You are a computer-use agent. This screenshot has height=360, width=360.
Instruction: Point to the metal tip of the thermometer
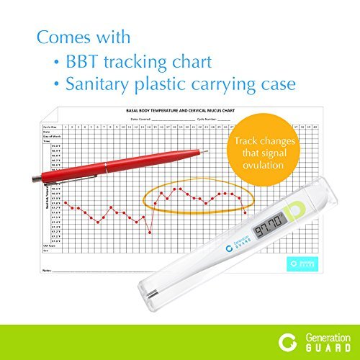151,295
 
